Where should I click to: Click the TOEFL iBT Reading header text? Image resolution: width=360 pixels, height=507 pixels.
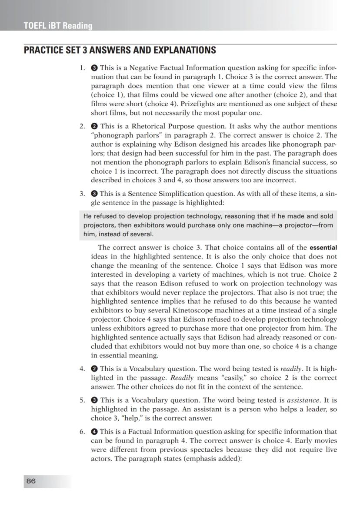pyautogui.click(x=58, y=26)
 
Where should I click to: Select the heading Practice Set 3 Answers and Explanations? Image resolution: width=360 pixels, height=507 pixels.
pyautogui.click(x=120, y=50)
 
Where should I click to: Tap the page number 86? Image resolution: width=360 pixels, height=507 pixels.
pyautogui.click(x=31, y=481)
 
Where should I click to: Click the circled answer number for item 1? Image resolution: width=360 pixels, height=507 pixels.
pyautogui.click(x=94, y=68)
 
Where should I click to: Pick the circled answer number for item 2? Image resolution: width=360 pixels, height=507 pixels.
pyautogui.click(x=94, y=127)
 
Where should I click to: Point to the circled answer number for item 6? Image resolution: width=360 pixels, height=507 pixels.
pyautogui.click(x=94, y=432)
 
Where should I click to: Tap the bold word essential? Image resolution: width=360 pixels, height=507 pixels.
pyautogui.click(x=323, y=248)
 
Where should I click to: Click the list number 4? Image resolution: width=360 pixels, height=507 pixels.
pyautogui.click(x=82, y=369)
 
